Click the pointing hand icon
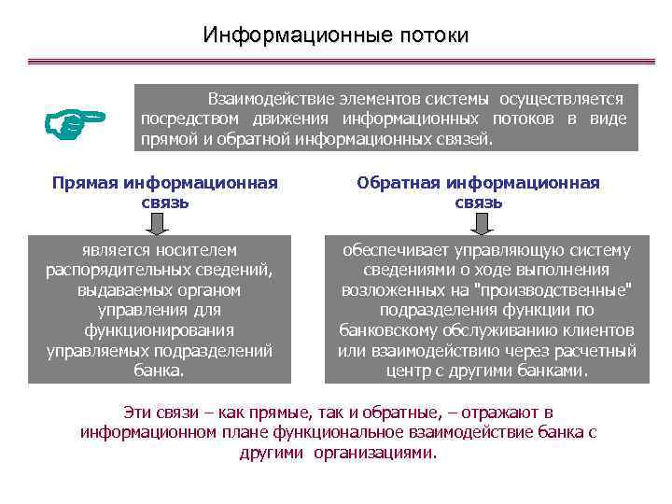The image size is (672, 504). (x=76, y=122)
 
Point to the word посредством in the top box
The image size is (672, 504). (x=187, y=119)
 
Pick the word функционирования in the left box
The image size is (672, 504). (x=159, y=330)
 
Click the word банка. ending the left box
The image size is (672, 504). (x=159, y=371)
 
